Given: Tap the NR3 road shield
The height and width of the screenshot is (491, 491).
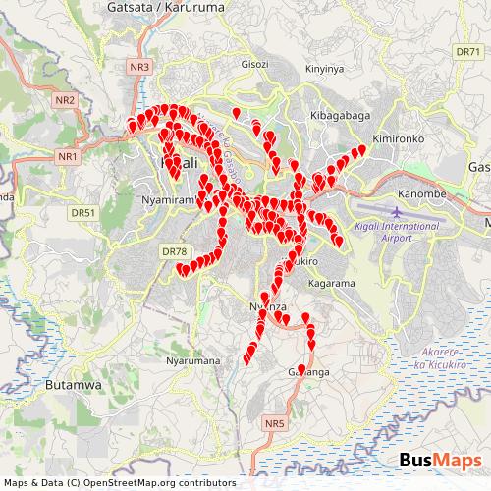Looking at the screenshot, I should click(x=141, y=67).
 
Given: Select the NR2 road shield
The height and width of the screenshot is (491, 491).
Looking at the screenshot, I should click(x=66, y=100).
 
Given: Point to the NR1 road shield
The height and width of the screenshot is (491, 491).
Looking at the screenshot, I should click(x=68, y=156).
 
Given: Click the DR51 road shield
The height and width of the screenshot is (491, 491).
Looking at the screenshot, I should click(x=83, y=211).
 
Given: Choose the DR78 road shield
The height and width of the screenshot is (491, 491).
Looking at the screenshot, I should click(x=173, y=251).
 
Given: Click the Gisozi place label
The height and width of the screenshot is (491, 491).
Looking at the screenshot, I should click(x=254, y=65).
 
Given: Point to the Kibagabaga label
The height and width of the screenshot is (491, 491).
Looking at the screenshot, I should click(x=338, y=115).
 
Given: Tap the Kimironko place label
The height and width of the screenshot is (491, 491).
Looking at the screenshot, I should click(x=398, y=139).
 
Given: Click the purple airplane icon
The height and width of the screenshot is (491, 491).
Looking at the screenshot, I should click(x=397, y=212).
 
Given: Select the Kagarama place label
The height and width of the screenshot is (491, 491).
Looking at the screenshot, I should click(x=331, y=283).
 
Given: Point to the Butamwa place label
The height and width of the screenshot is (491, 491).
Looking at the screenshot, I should click(x=74, y=386).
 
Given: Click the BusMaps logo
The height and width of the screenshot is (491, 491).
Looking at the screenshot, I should click(x=440, y=462).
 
